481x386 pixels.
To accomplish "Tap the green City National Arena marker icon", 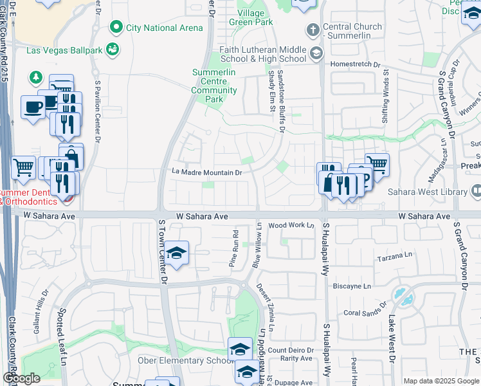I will [x=116, y=27].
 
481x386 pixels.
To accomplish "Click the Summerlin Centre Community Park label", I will [x=216, y=86].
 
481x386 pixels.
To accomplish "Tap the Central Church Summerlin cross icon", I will [x=313, y=30].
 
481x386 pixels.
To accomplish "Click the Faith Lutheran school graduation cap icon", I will [x=316, y=53].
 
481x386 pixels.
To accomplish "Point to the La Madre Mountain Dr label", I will [x=206, y=172].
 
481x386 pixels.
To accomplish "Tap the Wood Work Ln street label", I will [x=291, y=225].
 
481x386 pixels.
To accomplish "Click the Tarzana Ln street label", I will [x=394, y=256].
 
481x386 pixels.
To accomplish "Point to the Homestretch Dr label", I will [x=356, y=64].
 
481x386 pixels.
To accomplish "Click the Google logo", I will [x=21, y=379].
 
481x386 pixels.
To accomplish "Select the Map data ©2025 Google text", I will [x=442, y=381].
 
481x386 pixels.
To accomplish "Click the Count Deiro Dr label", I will [x=291, y=350].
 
